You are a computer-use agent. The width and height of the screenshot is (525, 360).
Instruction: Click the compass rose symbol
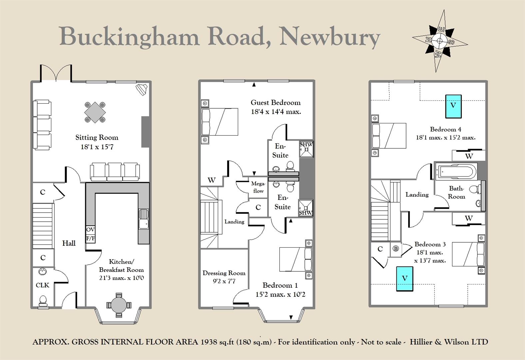coord(440,41)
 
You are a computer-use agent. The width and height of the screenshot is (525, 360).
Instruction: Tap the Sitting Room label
coord(97,137)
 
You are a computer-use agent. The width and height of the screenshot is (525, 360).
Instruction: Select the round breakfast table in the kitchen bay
coord(119,305)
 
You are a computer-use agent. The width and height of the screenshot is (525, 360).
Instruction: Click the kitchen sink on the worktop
coord(144,219)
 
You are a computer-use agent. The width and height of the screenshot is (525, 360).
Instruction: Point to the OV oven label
coord(91,229)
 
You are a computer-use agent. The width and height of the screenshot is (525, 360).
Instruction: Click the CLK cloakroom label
coord(42,285)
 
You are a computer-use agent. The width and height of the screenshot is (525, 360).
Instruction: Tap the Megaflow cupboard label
coord(258,187)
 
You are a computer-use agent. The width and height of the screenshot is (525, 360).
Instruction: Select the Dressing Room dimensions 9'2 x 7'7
coord(224,281)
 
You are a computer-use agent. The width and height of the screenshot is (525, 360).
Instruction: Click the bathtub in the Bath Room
coord(456,171)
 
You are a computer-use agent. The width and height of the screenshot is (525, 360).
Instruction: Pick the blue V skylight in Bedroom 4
coord(453,106)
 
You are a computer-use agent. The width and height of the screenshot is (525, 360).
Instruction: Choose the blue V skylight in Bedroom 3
coord(404,279)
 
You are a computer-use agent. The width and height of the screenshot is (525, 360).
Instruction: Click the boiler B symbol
coord(396,248)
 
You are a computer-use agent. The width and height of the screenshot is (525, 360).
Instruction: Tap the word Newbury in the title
coord(330,38)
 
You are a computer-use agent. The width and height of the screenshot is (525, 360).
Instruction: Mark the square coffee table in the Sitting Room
coord(95,112)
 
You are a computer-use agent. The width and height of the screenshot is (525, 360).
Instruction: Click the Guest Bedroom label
coord(275,102)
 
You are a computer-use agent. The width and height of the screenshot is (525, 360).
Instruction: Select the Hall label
coord(69,243)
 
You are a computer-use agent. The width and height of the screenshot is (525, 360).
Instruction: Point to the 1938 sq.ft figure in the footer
coord(218,342)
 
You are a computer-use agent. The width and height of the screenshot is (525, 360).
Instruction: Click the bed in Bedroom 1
coord(296,259)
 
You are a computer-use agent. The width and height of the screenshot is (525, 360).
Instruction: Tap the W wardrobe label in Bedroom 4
coord(469,156)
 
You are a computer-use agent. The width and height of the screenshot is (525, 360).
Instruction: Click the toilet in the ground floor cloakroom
coord(43,300)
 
